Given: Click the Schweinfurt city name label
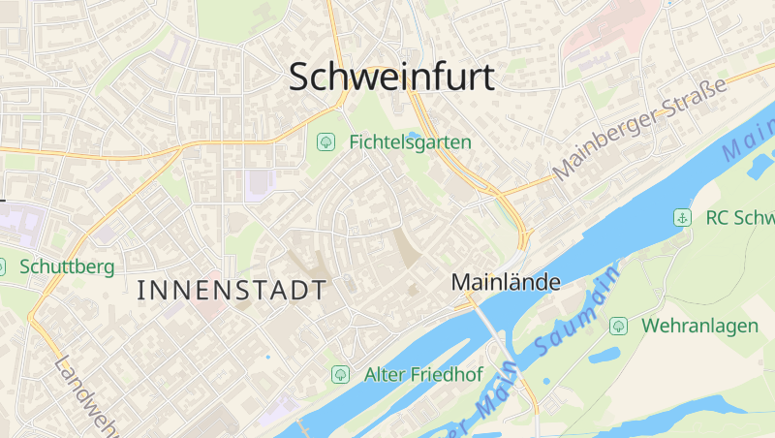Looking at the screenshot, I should click(x=392, y=78).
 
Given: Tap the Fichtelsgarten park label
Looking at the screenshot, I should click(x=410, y=142).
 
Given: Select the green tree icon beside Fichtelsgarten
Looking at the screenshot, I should click(x=326, y=142).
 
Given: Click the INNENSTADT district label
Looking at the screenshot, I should click(x=232, y=289).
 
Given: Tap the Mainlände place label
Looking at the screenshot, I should click(x=507, y=283).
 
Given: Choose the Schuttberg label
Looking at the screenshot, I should click(x=67, y=266).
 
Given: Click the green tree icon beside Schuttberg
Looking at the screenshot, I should click(x=1, y=266).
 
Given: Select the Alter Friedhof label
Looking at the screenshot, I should click(x=423, y=374).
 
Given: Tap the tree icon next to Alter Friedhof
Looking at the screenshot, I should click(x=340, y=374).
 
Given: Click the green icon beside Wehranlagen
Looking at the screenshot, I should click(x=617, y=326).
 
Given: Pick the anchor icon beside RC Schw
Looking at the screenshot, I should click(x=683, y=218).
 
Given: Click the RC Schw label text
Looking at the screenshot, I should click(x=740, y=218).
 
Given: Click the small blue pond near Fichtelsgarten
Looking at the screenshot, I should click(x=415, y=135).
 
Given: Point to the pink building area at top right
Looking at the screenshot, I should click(x=620, y=29).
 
